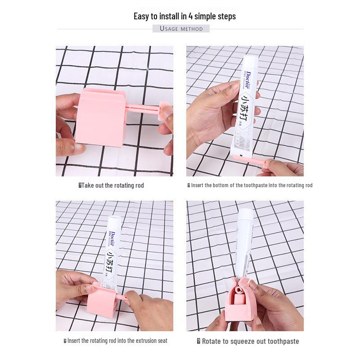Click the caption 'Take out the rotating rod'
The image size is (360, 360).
point(112,185)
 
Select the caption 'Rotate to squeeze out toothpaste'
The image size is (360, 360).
point(250,341)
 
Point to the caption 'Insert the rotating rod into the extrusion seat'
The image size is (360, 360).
point(117,341)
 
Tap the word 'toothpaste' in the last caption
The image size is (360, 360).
point(282,341)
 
